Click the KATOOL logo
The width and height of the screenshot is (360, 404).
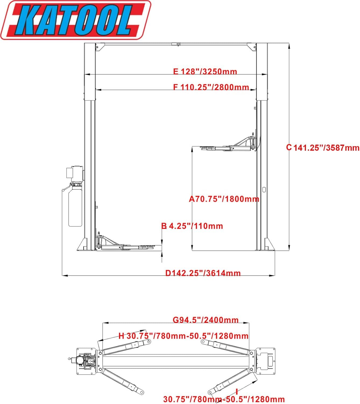[x=75, y=20]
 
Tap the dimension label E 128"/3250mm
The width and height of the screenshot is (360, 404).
[x=205, y=72]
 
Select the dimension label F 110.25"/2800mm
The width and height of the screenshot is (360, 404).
[x=211, y=87]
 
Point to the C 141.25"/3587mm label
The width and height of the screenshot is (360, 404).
[x=323, y=148]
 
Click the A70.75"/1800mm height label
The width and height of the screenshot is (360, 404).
[x=224, y=199]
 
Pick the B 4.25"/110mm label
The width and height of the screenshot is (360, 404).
[x=192, y=226]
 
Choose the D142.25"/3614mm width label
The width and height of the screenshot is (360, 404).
[x=203, y=273]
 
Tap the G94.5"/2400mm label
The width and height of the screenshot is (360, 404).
[x=206, y=320]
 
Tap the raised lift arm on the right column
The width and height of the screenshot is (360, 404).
[x=229, y=147]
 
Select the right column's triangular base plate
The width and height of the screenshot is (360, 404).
[x=269, y=245]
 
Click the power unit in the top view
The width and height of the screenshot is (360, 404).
[x=85, y=361]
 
